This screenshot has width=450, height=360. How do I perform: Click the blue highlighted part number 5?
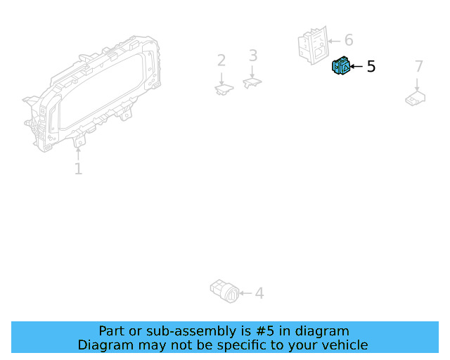coord(340,66)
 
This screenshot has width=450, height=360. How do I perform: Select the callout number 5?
coord(371,67)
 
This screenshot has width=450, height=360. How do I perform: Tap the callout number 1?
coord(78,169)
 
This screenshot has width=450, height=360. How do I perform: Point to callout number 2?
coord(221,60)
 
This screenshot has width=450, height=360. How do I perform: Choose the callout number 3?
coord(253,56)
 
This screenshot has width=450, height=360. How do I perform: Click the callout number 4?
coord(259,292)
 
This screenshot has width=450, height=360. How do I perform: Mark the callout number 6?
coord(348,41)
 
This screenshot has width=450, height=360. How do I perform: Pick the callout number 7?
coord(419,67)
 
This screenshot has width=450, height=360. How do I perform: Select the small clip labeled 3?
coord(252,83)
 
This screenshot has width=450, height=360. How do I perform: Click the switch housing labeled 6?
coord(312,46)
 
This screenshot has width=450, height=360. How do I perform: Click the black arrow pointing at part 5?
coord(356,67)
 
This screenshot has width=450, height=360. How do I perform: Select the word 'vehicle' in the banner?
coord(342,345)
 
